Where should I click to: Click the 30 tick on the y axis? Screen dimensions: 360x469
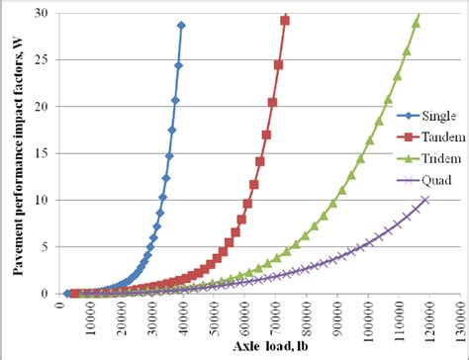(44, 13)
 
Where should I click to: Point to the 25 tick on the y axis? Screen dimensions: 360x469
(44, 59)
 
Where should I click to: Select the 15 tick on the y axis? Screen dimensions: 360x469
(44, 153)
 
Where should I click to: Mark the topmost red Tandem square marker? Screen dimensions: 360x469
(285, 20)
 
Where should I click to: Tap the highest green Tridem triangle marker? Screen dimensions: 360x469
(416, 23)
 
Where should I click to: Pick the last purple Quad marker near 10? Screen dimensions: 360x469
(425, 200)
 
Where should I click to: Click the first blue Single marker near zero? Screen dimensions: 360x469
(67, 294)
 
